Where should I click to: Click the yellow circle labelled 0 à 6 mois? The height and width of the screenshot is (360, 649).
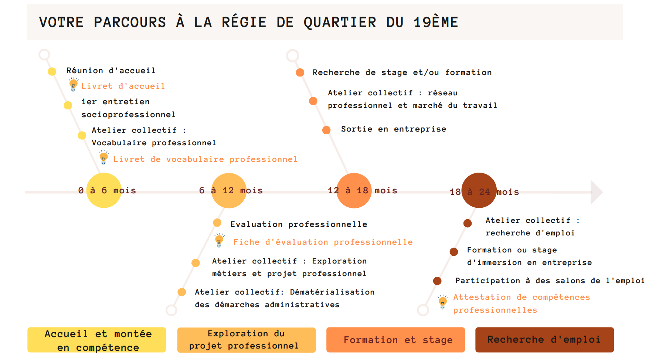pyautogui.click(x=104, y=190)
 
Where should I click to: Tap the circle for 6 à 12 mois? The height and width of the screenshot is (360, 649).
pyautogui.click(x=229, y=190)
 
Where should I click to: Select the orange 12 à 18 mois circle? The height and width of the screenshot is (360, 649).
pyautogui.click(x=354, y=190)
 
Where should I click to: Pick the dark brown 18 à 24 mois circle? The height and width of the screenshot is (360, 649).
pyautogui.click(x=479, y=190)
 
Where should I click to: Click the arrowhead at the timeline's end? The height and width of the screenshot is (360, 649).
pyautogui.click(x=596, y=192)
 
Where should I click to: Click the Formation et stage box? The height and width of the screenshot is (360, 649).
pyautogui.click(x=395, y=340)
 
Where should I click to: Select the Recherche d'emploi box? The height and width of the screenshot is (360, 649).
pyautogui.click(x=544, y=340)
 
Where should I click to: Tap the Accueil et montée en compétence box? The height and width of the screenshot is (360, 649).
pyautogui.click(x=96, y=340)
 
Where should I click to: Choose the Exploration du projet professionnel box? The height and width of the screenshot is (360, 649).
pyautogui.click(x=247, y=340)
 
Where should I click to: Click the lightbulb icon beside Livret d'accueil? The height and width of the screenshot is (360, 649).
pyautogui.click(x=74, y=84)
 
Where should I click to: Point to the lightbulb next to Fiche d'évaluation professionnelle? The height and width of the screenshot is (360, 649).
pyautogui.click(x=219, y=240)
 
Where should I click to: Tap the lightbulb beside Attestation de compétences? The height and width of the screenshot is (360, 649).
pyautogui.click(x=443, y=302)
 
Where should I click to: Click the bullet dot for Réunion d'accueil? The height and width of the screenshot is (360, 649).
pyautogui.click(x=52, y=71)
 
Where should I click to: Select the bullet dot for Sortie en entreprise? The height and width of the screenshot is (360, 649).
pyautogui.click(x=326, y=130)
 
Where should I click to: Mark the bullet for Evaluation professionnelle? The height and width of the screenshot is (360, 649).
pyautogui.click(x=217, y=223)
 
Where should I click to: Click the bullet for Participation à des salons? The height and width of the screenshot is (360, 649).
pyautogui.click(x=437, y=281)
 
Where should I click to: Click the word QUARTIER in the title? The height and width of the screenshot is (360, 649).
pyautogui.click(x=340, y=23)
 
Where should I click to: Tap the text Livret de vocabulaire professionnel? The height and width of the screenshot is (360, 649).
pyautogui.click(x=205, y=159)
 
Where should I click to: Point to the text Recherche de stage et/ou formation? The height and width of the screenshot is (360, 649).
pyautogui.click(x=402, y=72)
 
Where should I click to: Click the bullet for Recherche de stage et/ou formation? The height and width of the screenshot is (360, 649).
pyautogui.click(x=300, y=72)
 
